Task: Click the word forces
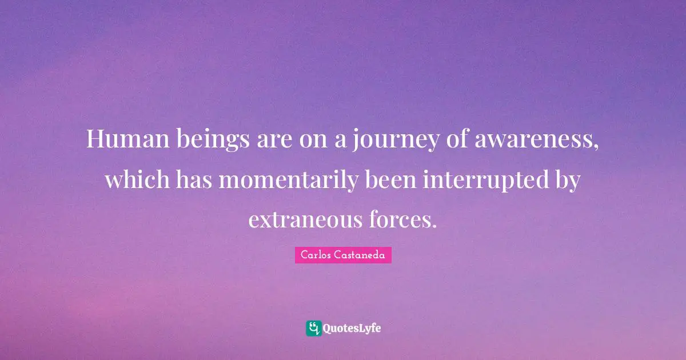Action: coord(400,219)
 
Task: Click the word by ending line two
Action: coord(567,181)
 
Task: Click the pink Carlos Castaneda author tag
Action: coord(343,255)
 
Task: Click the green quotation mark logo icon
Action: coord(313,328)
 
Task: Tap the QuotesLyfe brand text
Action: coord(352,329)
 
